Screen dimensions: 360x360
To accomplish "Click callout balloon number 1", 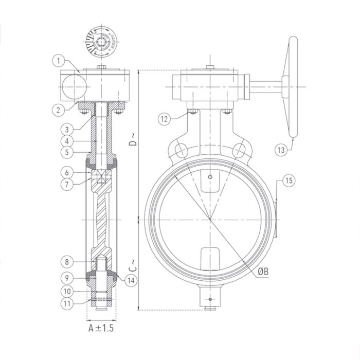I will pos(59,61).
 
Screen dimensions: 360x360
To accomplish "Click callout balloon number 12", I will pos(164,119).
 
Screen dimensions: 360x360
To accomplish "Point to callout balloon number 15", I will pos(289,181).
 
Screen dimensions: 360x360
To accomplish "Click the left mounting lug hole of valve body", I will pos(181,150).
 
